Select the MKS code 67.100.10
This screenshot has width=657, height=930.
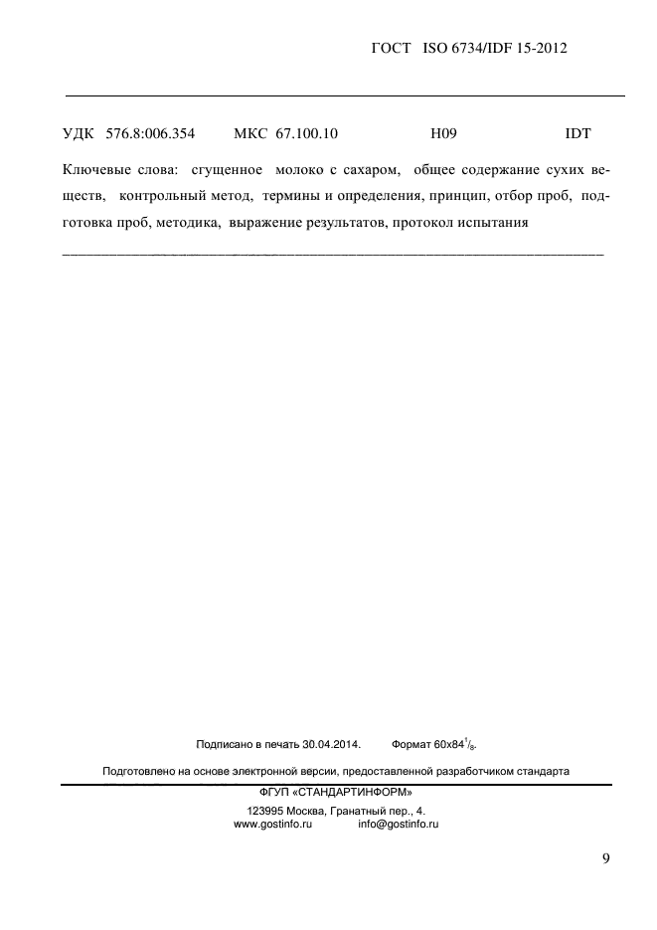point(302,132)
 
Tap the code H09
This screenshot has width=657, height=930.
point(442,132)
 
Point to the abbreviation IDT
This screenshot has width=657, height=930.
point(577,132)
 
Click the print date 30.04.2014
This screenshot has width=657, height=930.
point(330,743)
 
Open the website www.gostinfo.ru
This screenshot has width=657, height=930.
point(272,825)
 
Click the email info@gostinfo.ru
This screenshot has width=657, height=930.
point(398,825)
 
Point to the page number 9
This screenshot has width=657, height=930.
point(605,858)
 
